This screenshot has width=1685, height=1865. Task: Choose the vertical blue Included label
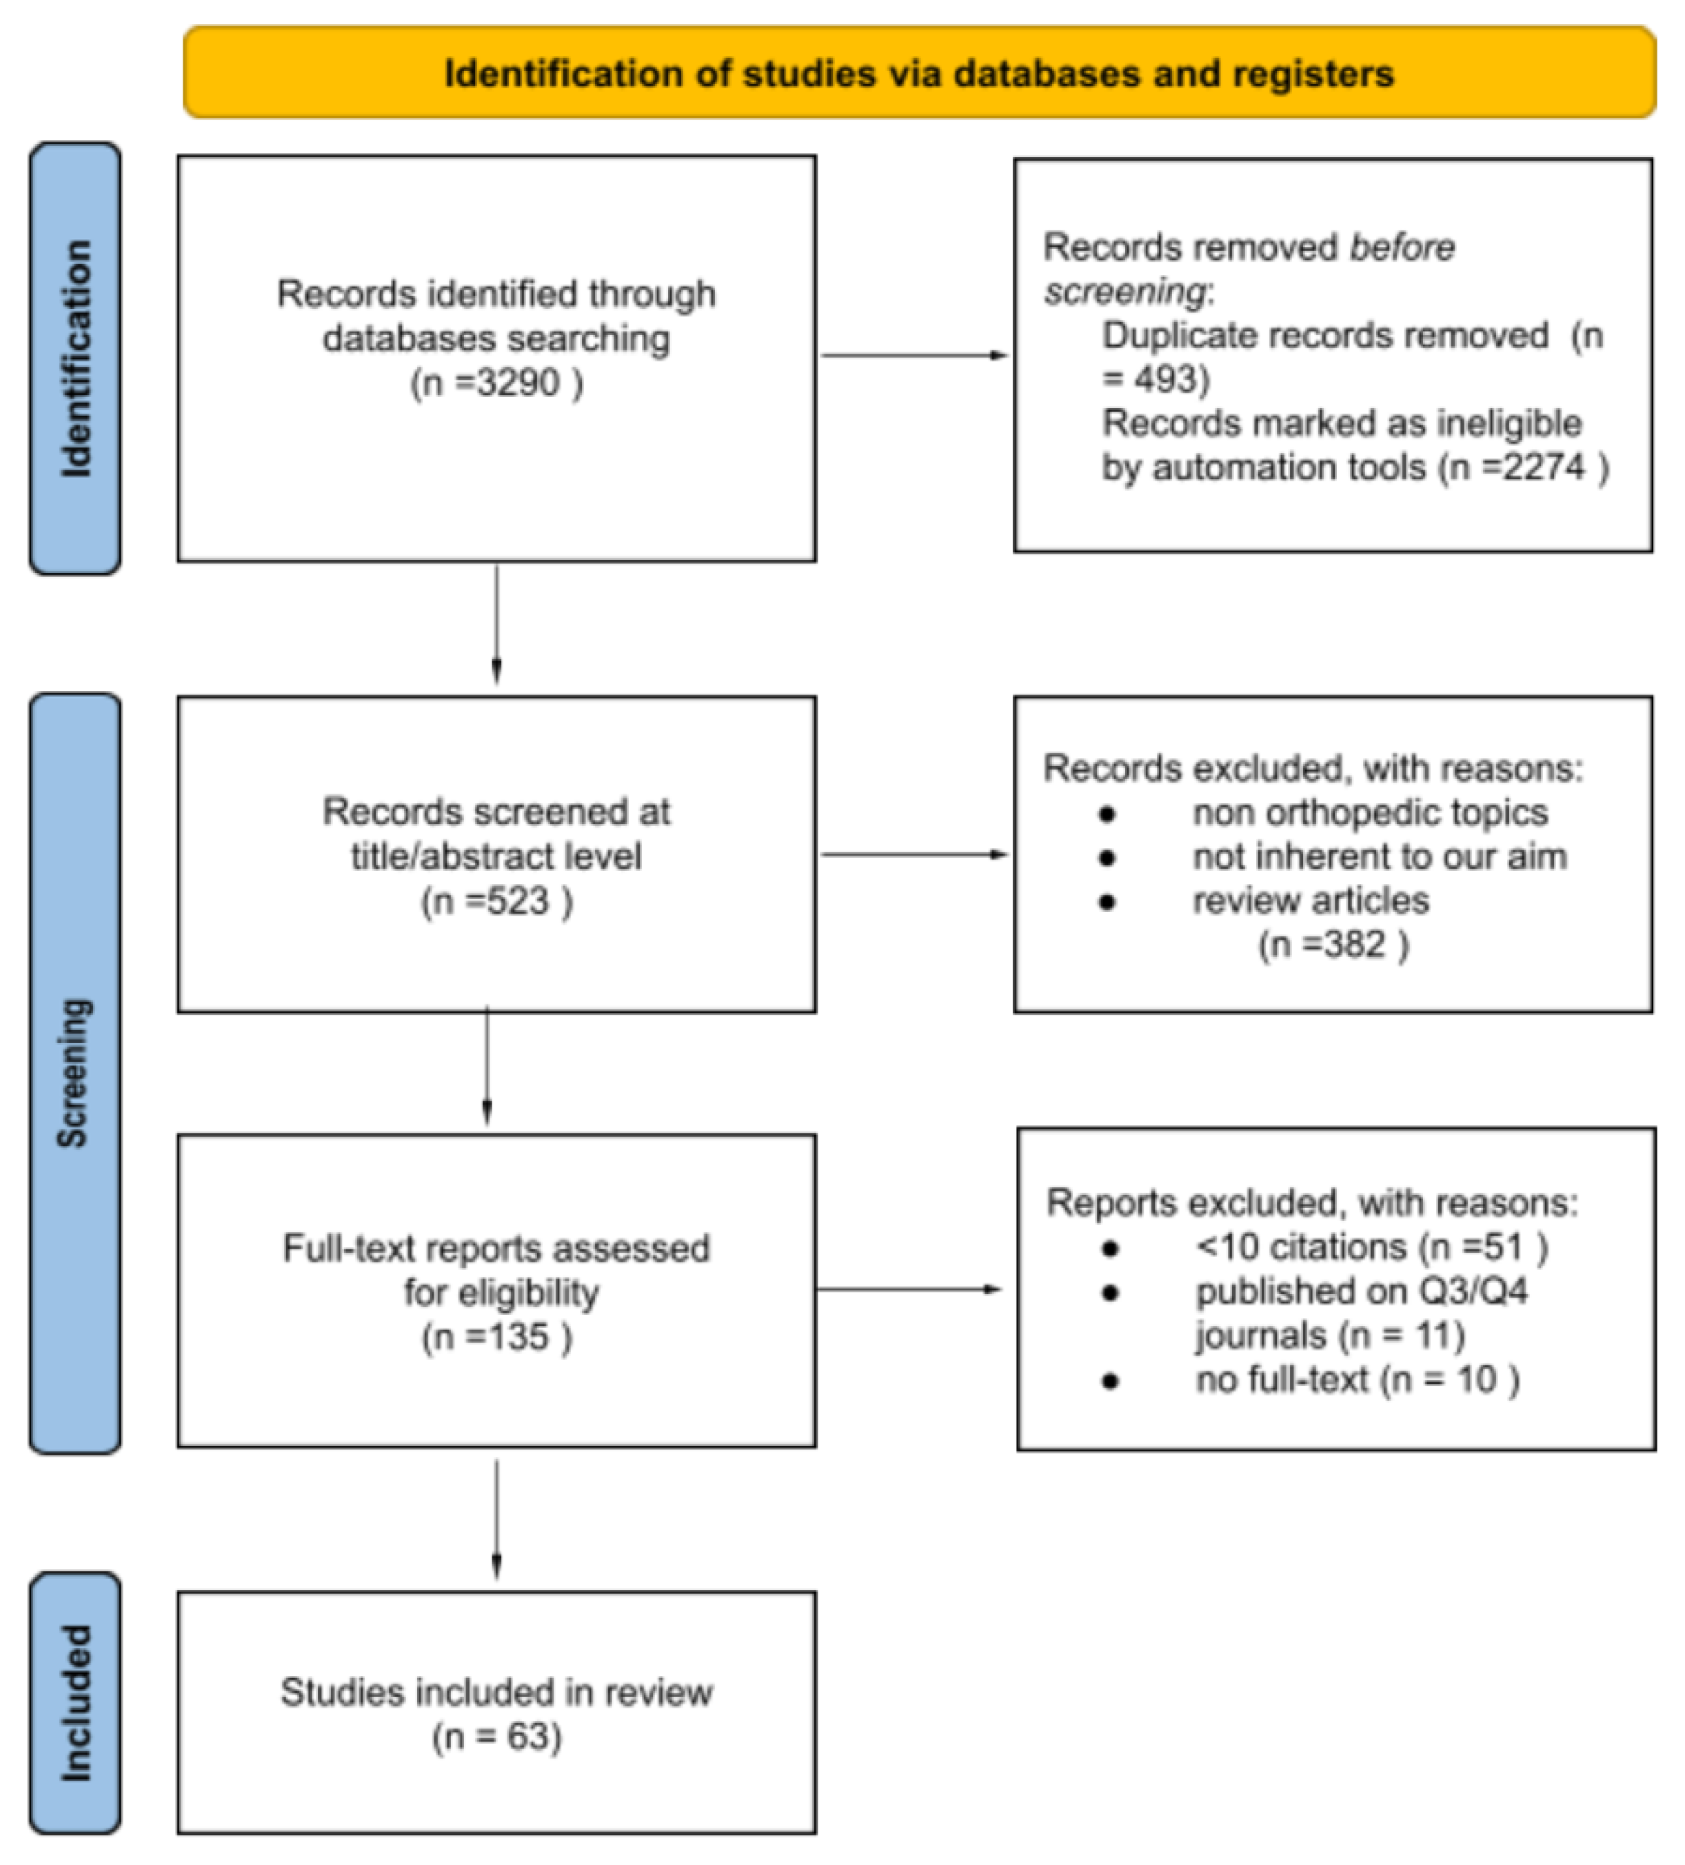point(76,1702)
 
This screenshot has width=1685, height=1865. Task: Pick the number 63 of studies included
point(527,1736)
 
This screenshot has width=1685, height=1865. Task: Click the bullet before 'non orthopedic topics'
point(1108,814)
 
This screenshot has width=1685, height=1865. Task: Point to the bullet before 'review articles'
point(1108,902)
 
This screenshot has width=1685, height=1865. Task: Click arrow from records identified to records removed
point(914,355)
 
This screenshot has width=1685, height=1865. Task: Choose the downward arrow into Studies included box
point(497,1517)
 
